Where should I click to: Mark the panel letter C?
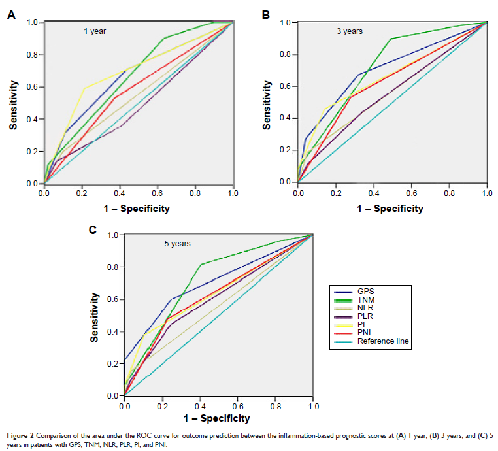93,229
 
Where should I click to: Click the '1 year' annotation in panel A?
94,31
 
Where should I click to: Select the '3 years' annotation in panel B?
350,31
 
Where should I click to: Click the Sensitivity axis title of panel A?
12,103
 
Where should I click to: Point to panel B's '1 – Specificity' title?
390,209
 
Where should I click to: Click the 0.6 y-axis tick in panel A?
32,87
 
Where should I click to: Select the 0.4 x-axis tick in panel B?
373,194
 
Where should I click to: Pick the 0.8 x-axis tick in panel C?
274,406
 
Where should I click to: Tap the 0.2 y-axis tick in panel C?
113,363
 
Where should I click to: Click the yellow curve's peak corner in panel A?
84,88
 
